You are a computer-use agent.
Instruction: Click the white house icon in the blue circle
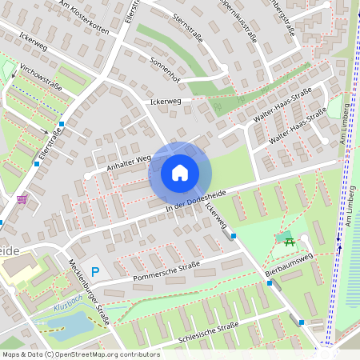(180, 172)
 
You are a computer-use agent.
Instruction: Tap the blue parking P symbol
(95, 272)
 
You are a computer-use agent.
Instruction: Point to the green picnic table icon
(289, 238)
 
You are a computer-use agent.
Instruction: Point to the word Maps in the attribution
(12, 354)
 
